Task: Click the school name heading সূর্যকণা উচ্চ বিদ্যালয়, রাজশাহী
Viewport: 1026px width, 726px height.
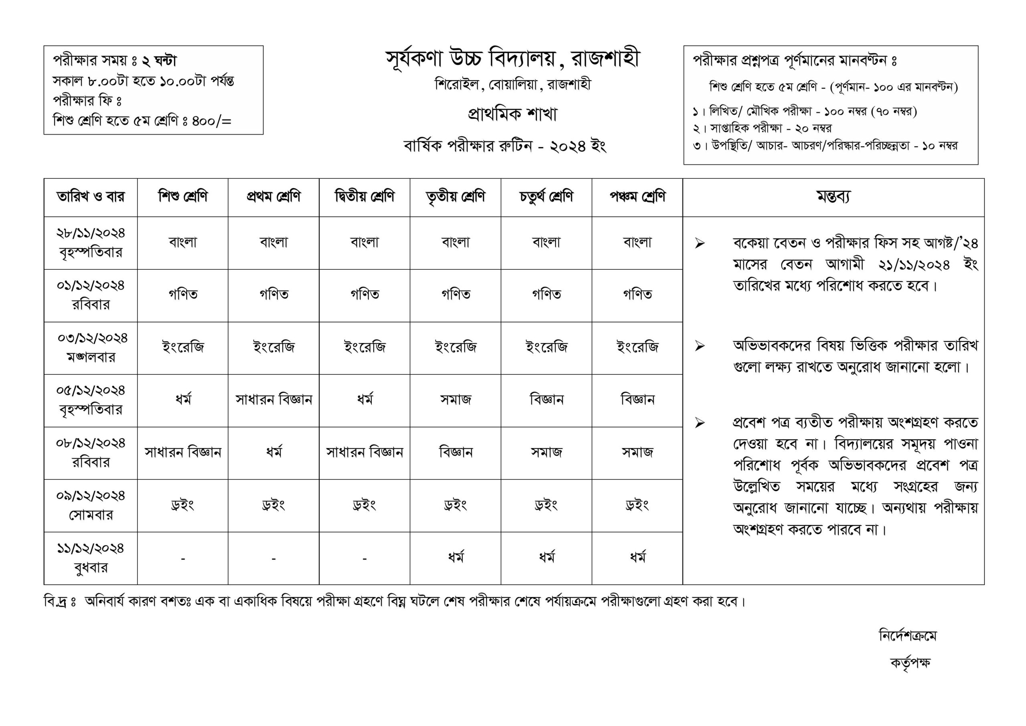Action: (513, 59)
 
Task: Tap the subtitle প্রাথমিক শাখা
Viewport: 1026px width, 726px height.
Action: (513, 114)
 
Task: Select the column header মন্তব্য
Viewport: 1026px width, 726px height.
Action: (833, 197)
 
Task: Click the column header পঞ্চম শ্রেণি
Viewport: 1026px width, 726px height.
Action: (637, 197)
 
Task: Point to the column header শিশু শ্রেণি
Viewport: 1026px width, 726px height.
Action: (183, 197)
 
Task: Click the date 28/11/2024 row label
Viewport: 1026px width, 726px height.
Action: (91, 243)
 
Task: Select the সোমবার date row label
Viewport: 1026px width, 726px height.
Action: (91, 505)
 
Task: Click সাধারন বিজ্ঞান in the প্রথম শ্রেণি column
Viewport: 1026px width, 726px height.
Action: (273, 400)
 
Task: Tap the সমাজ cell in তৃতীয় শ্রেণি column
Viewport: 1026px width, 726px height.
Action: (455, 400)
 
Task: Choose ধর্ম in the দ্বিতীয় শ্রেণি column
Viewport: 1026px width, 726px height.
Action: (365, 400)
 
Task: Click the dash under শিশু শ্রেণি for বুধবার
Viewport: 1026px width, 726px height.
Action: (183, 559)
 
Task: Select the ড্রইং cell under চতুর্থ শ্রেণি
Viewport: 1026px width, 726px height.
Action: (546, 505)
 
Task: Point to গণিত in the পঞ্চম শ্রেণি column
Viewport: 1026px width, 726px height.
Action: (637, 295)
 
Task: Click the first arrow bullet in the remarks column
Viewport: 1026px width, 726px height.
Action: (699, 244)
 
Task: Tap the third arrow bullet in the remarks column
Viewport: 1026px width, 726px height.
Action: (699, 423)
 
